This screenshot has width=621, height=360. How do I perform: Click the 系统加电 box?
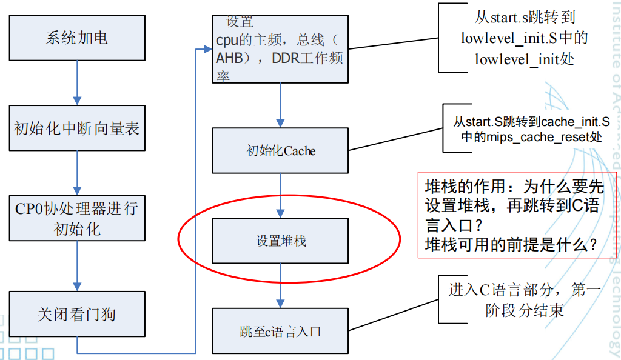(76, 38)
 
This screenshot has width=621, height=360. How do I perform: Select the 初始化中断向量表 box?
(76, 128)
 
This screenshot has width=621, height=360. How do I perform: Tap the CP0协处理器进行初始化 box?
(76, 219)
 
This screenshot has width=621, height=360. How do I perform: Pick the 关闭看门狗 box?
(76, 315)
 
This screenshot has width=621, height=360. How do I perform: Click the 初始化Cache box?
(280, 150)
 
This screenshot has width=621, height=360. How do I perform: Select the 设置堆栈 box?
(280, 241)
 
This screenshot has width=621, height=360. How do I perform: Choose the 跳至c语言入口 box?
(280, 332)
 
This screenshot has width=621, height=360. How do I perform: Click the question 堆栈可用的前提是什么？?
(511, 245)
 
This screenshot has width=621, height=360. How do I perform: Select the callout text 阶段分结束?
(525, 311)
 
